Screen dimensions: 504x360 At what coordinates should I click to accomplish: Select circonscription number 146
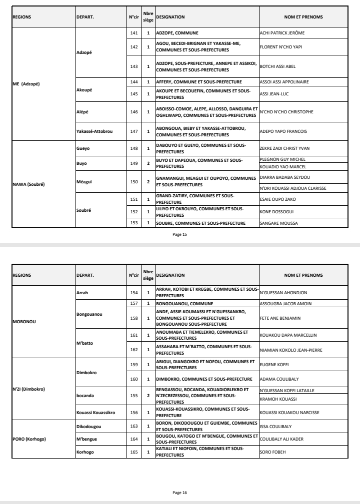point(133,111)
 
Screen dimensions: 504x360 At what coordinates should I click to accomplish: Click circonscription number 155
point(133,394)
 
